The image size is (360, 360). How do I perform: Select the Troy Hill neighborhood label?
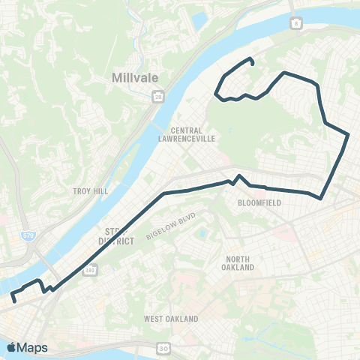point(91,191)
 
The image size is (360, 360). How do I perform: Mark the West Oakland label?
point(172,319)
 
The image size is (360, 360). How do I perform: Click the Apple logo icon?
point(12,347)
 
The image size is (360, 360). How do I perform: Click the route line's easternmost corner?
point(349,134)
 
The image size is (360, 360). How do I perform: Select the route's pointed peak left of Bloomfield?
point(238,176)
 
